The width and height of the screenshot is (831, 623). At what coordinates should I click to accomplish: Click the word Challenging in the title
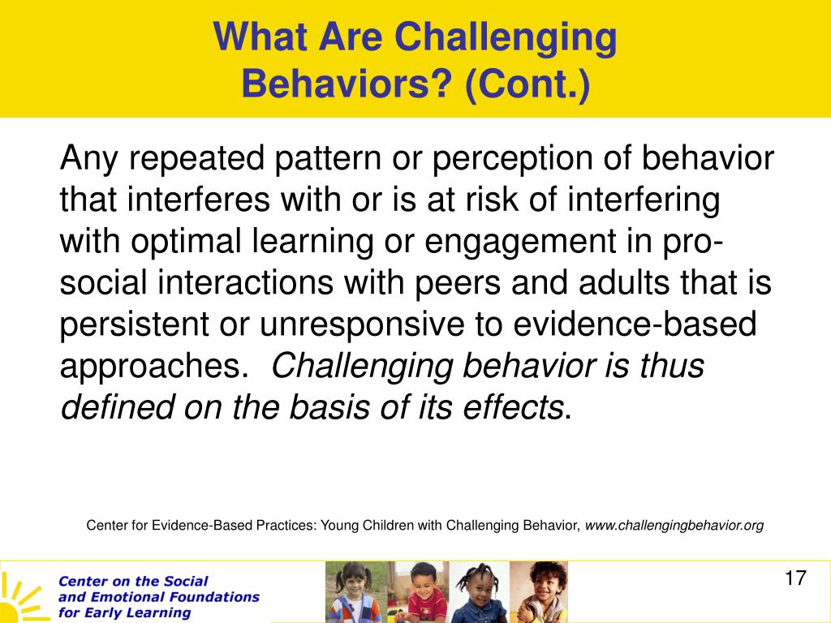(506, 38)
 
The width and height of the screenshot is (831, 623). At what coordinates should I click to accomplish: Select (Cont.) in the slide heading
(527, 84)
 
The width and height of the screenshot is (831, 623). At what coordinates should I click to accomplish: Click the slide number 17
(795, 578)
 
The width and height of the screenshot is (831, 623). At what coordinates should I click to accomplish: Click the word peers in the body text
(458, 284)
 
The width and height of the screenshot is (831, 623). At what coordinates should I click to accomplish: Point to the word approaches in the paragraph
(149, 367)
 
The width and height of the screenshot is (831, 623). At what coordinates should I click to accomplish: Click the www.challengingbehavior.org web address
(674, 526)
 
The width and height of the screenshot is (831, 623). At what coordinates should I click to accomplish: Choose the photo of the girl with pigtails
(355, 591)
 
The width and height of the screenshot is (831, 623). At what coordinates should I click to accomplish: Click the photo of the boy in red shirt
(418, 591)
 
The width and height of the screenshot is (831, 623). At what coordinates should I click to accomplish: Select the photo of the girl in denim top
(479, 591)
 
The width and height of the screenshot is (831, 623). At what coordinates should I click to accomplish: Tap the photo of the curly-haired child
(539, 591)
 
